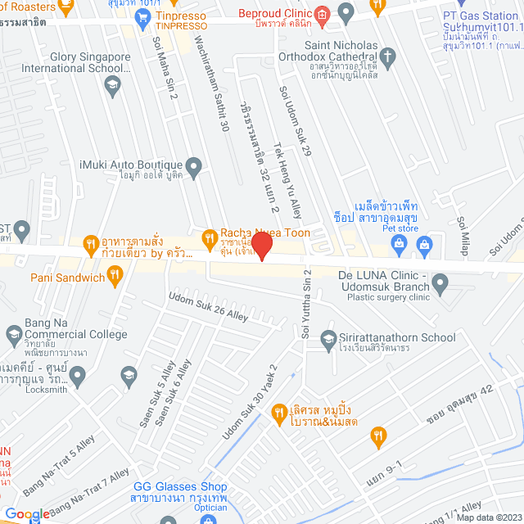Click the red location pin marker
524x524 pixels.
261,246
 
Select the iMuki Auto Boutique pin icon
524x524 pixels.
194,167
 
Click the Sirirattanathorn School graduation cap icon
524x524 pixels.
328,338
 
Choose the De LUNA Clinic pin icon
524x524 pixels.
440,285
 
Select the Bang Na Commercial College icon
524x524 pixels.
14,334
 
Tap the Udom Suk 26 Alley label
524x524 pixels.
208,306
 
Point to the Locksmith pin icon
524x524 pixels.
78,377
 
